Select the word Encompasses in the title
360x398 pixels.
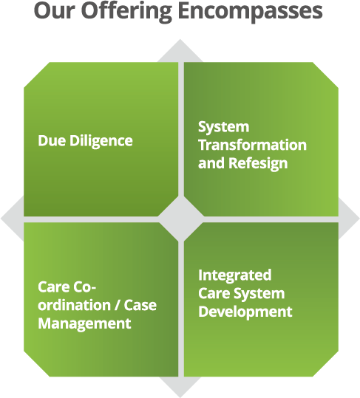[x=251, y=12]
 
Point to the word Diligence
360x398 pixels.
[x=101, y=141]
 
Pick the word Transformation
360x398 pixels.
[x=252, y=145]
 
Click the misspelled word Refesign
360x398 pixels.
[x=258, y=163]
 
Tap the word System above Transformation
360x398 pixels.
[x=223, y=127]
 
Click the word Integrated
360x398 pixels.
[x=235, y=275]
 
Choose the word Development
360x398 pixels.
[x=245, y=312]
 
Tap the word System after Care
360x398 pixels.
[x=259, y=294]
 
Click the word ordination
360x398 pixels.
[x=74, y=305]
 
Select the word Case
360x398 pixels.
[x=140, y=305]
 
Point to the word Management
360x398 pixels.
[x=84, y=324]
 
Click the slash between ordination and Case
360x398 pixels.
[x=117, y=305]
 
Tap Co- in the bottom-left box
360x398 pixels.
[x=84, y=287]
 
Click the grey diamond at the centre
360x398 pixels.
[x=181, y=219]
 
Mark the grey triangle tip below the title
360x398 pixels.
[x=180, y=40]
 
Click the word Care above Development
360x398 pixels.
[x=214, y=294]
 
